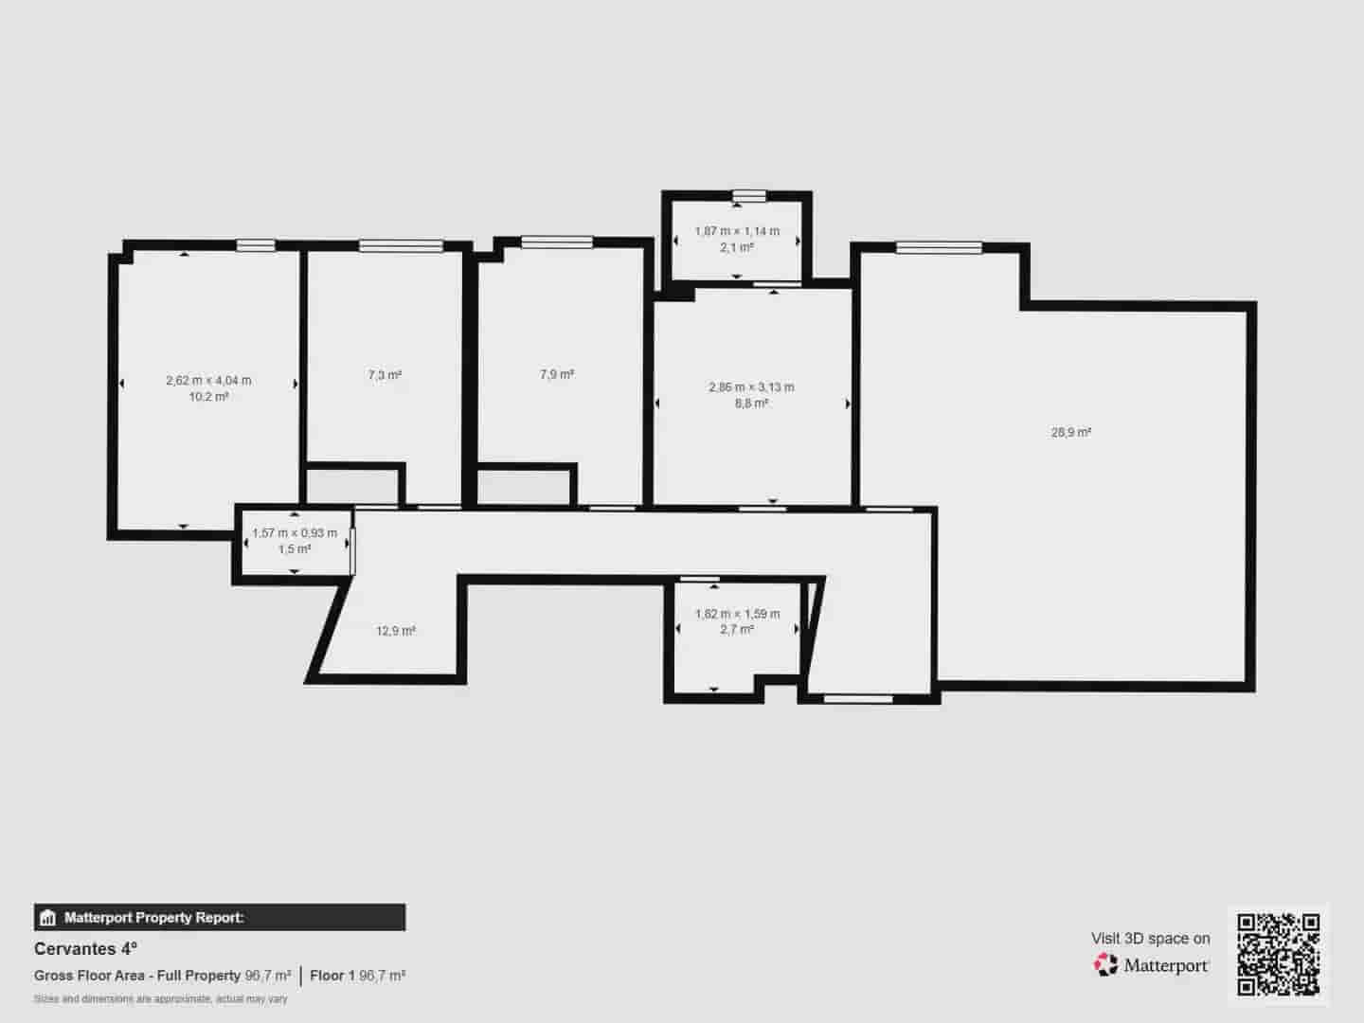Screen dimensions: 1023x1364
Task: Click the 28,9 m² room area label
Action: click(1070, 433)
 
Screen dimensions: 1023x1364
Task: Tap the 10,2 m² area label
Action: click(208, 397)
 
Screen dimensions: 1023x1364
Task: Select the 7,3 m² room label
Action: click(385, 375)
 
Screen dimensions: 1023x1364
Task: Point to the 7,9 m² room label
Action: click(557, 374)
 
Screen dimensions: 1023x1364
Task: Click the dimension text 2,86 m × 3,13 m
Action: click(751, 386)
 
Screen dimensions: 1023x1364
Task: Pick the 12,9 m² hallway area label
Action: click(396, 631)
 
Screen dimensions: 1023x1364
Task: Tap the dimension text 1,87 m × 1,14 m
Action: click(737, 231)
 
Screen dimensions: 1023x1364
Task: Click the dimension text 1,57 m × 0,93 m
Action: click(295, 533)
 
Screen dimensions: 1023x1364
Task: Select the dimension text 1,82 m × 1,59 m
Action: click(737, 614)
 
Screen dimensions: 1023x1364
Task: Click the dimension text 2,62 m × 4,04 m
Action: click(208, 381)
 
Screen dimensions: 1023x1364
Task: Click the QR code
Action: click(1279, 954)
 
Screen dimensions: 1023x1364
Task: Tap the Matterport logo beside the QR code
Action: click(1151, 965)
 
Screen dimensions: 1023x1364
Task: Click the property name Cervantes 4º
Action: click(86, 948)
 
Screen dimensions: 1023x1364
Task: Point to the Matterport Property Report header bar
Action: click(220, 917)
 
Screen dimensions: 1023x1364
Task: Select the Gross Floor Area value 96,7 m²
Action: click(268, 976)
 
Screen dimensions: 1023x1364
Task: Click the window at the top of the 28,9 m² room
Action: click(939, 248)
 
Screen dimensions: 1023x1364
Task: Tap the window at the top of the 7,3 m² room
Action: click(401, 246)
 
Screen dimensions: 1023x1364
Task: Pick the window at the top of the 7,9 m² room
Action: click(557, 242)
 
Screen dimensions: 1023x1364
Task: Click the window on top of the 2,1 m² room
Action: click(748, 196)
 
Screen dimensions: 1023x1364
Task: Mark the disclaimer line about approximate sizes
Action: click(161, 998)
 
